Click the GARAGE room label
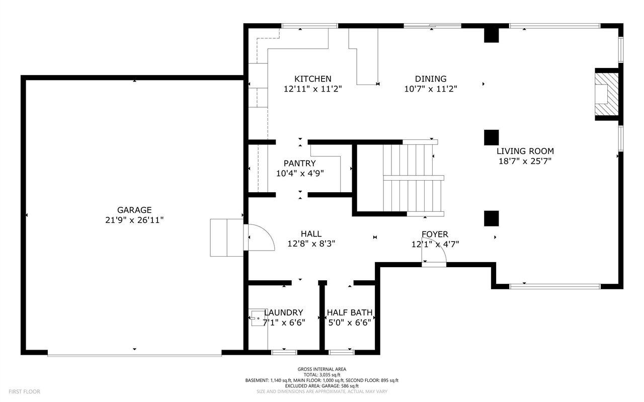click(x=134, y=210)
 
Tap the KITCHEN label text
click(x=313, y=79)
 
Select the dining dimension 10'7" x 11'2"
click(x=431, y=89)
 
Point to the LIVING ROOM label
click(x=525, y=151)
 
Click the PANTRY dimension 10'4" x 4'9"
click(x=300, y=173)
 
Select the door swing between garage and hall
click(x=259, y=237)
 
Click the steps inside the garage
click(x=226, y=237)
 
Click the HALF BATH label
click(x=350, y=312)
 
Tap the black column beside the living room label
click(x=492, y=137)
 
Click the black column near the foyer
click(x=492, y=218)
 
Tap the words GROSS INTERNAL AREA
click(x=322, y=369)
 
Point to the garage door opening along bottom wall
click(x=134, y=355)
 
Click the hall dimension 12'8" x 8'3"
click(x=311, y=244)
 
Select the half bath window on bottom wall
click(x=342, y=352)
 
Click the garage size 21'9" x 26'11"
click(x=134, y=220)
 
